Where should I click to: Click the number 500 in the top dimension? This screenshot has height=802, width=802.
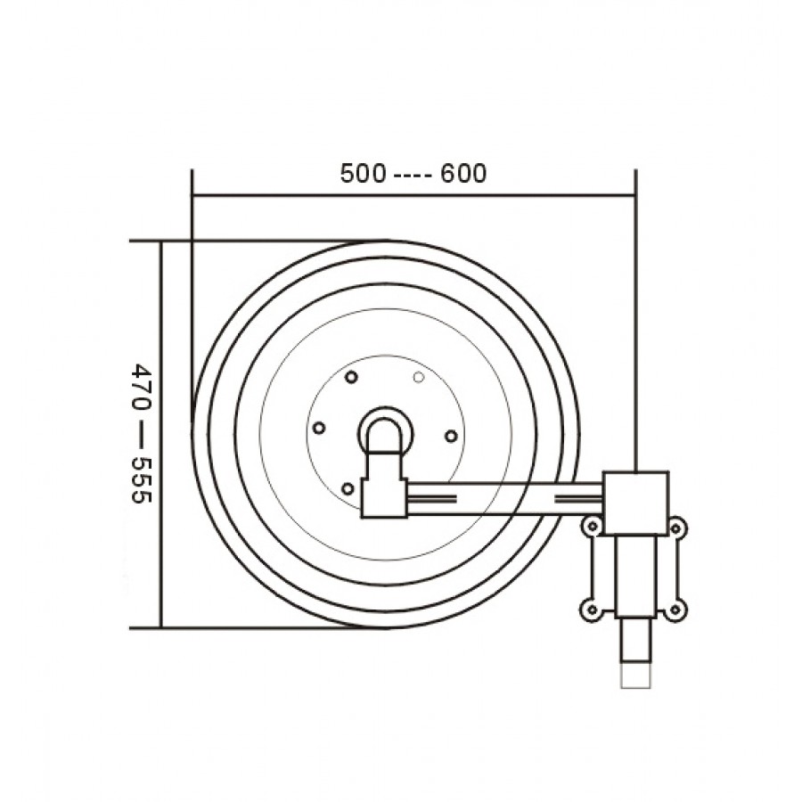pyautogui.click(x=364, y=174)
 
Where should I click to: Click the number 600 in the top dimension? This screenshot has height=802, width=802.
pyautogui.click(x=463, y=174)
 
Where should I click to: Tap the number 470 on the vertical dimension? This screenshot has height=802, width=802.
pyautogui.click(x=141, y=385)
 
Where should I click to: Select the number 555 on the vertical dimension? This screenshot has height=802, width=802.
pyautogui.click(x=141, y=481)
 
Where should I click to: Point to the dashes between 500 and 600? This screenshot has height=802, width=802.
pyautogui.click(x=413, y=175)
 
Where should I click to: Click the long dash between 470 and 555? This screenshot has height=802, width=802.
pyautogui.click(x=141, y=433)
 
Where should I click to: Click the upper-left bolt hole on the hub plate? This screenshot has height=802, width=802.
pyautogui.click(x=351, y=378)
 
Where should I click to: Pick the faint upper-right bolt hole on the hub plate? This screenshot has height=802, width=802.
pyautogui.click(x=419, y=378)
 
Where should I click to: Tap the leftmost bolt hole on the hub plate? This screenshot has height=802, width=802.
pyautogui.click(x=319, y=428)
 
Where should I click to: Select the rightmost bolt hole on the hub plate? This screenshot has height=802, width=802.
pyautogui.click(x=451, y=437)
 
